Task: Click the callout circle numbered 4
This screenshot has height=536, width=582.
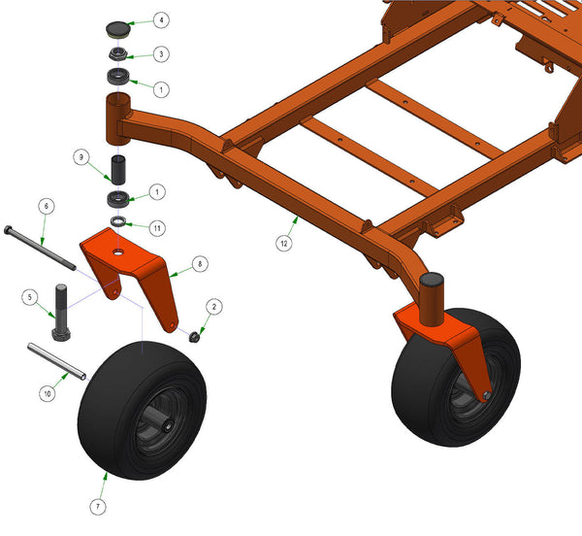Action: click(x=161, y=20)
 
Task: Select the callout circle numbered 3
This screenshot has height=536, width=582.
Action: click(x=161, y=54)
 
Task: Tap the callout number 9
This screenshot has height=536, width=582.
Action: click(x=81, y=157)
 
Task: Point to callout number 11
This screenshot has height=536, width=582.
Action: click(x=157, y=228)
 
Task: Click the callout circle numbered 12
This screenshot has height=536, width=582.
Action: click(x=284, y=244)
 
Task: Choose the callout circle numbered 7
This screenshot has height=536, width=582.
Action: click(x=98, y=507)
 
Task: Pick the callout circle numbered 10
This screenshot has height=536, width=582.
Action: click(x=48, y=393)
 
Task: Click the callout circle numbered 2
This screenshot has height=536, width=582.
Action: click(x=214, y=307)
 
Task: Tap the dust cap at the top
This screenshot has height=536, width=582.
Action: click(x=117, y=29)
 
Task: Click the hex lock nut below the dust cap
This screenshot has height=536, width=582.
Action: click(x=118, y=54)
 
